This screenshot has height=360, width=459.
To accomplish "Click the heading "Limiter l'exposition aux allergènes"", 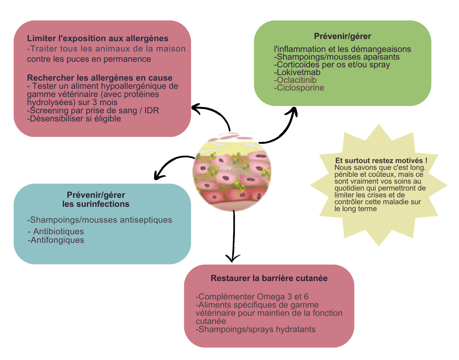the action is pyautogui.click(x=97, y=38).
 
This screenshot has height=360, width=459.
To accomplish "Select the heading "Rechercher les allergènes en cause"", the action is pyautogui.click(x=100, y=78).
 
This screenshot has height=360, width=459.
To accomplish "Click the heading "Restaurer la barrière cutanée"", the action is pyautogui.click(x=269, y=278).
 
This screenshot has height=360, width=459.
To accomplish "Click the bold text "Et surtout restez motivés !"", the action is pyautogui.click(x=381, y=160).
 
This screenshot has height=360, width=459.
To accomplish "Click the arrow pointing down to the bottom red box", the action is pyautogui.click(x=233, y=236).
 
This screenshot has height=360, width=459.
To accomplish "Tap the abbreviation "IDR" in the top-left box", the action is pyautogui.click(x=152, y=111).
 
